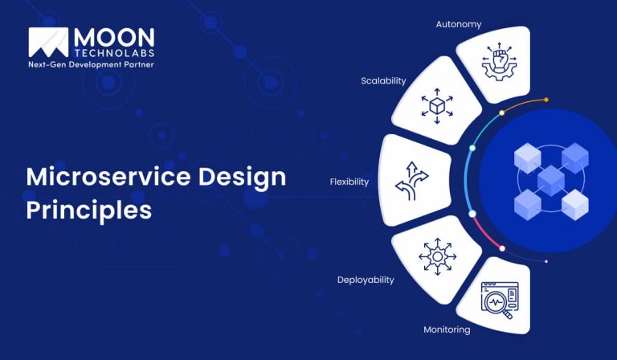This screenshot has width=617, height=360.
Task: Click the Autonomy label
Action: (459, 24)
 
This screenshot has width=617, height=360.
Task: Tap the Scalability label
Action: (383, 80)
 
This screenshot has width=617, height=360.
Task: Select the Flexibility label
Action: (349, 182)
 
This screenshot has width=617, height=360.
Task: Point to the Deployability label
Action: (366, 280)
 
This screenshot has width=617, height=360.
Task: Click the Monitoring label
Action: (447, 329)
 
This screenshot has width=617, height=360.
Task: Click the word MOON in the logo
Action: (114, 36)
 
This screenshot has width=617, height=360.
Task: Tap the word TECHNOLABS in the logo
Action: (114, 51)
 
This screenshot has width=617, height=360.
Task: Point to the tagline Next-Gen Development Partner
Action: (91, 64)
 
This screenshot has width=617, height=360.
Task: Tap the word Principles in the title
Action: (88, 210)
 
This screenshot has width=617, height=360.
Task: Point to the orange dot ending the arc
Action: (546, 100)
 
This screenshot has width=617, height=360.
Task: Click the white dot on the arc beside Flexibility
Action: (472, 213)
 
